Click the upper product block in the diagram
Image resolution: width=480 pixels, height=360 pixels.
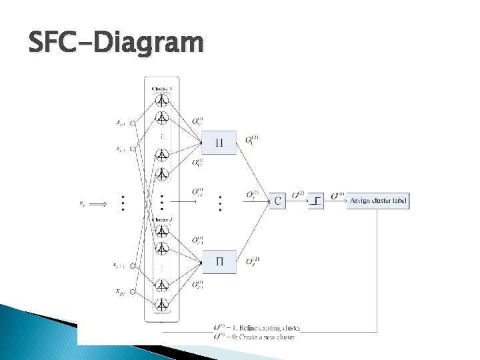pyautogui.click(x=219, y=142)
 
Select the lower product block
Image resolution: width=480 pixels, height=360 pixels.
pyautogui.click(x=219, y=261)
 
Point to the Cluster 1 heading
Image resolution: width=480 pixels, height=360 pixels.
pyautogui.click(x=161, y=88)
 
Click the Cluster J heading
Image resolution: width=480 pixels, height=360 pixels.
pyautogui.click(x=161, y=220)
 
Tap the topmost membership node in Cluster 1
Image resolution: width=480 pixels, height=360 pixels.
pyautogui.click(x=161, y=101)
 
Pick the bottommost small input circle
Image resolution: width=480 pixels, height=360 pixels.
pyautogui.click(x=133, y=291)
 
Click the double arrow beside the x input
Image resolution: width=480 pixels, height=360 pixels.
pyautogui.click(x=98, y=203)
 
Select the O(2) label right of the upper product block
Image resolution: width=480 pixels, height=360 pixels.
pyautogui.click(x=252, y=139)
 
